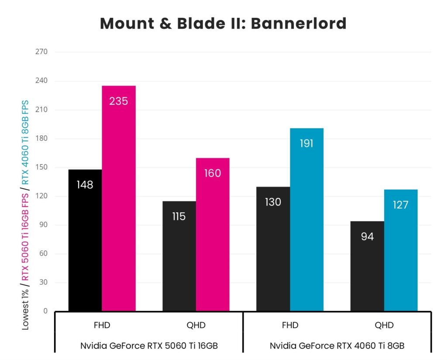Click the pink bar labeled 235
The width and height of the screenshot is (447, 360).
point(119,198)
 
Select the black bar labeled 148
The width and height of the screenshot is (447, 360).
point(85,240)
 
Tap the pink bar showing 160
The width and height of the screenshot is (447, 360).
point(213,235)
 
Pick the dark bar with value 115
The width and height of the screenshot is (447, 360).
point(179,256)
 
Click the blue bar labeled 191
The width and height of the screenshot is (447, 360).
point(306,219)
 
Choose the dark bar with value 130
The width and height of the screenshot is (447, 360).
point(273,249)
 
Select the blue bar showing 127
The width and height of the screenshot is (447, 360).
point(401,250)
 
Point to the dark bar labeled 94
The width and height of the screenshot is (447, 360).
point(367,266)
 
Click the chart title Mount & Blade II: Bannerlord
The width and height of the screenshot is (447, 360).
point(223,24)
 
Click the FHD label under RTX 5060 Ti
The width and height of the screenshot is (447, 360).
point(102,325)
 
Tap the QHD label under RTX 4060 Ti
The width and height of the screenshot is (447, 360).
point(384,325)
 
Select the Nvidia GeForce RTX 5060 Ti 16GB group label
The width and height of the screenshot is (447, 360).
point(149,346)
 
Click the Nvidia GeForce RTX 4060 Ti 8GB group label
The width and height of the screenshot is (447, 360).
point(337,346)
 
